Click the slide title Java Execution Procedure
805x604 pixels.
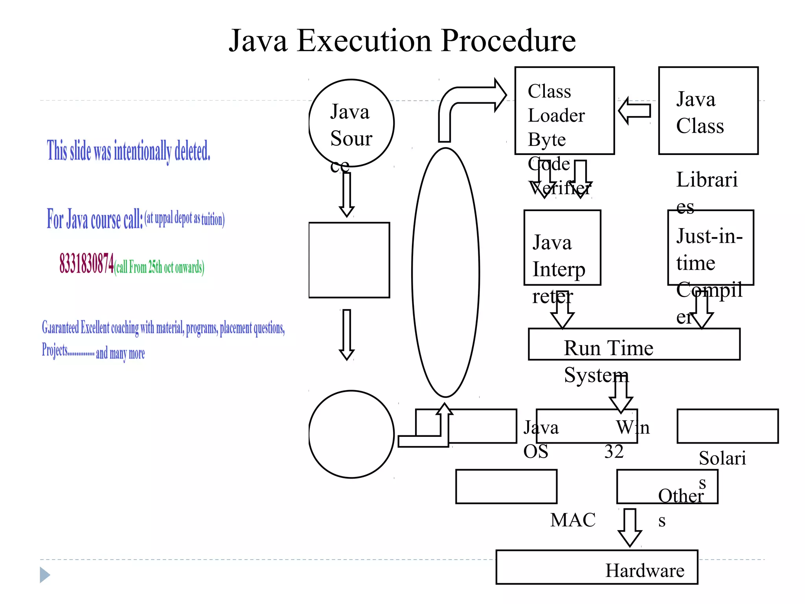click(402, 41)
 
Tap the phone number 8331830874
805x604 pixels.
click(86, 263)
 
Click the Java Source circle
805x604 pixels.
click(351, 123)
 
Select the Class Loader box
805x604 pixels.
click(564, 110)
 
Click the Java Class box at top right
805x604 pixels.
click(708, 110)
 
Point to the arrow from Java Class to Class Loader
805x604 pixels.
click(634, 111)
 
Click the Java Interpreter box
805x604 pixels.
click(562, 248)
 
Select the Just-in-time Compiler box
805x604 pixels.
click(710, 248)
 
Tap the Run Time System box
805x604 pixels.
click(634, 344)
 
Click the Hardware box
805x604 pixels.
click(596, 567)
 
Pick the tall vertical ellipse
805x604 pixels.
click(445, 272)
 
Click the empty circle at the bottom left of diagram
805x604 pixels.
click(351, 434)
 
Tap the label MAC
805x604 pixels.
click(573, 520)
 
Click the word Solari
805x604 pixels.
click(722, 458)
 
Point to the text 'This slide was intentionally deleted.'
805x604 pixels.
click(129, 151)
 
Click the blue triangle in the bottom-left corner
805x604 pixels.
click(44, 575)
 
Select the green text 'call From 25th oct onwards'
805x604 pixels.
click(159, 267)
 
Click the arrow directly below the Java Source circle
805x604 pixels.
click(346, 195)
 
